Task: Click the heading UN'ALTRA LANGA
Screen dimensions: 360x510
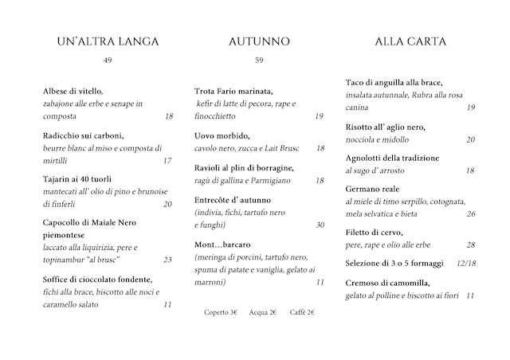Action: pos(108,41)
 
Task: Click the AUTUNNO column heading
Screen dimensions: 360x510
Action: pos(259,41)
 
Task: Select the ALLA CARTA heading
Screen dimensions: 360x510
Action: pos(410,41)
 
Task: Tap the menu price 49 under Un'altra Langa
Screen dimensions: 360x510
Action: pos(108,61)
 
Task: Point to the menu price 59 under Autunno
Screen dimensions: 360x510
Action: pos(259,61)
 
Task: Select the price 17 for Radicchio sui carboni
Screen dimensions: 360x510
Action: pos(167,161)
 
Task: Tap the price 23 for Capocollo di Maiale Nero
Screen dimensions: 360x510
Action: pos(167,260)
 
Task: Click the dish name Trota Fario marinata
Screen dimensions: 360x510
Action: pos(234,92)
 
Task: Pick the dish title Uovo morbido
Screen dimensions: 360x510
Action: pos(222,136)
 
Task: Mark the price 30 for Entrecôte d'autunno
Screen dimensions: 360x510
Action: pos(320,225)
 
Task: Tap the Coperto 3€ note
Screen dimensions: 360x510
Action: pos(221,312)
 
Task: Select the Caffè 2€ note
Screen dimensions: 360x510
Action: pos(302,312)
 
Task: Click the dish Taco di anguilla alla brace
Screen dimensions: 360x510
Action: pos(394,83)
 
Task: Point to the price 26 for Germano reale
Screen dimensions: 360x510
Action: pos(471,214)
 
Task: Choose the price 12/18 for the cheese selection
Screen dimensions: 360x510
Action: pos(466,264)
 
